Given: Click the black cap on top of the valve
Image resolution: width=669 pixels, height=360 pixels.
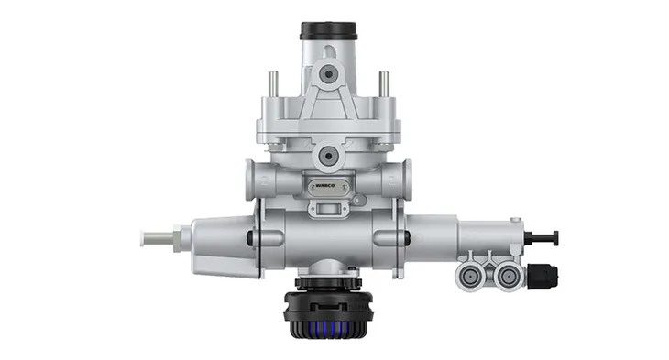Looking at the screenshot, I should pos(328,31).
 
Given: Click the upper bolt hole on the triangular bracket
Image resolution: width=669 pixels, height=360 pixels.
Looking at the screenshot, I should pos(328,72).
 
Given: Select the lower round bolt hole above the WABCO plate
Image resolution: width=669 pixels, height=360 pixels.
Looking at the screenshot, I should pos(327,157).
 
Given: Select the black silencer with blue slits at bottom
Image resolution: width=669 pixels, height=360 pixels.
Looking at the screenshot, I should pos(327,311).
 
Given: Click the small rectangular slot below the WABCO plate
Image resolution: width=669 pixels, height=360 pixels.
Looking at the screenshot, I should pos(327,209).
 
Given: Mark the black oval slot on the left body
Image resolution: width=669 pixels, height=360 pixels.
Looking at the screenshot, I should pos(251,239).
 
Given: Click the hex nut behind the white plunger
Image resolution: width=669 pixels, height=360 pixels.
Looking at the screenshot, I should pos(179,238).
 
